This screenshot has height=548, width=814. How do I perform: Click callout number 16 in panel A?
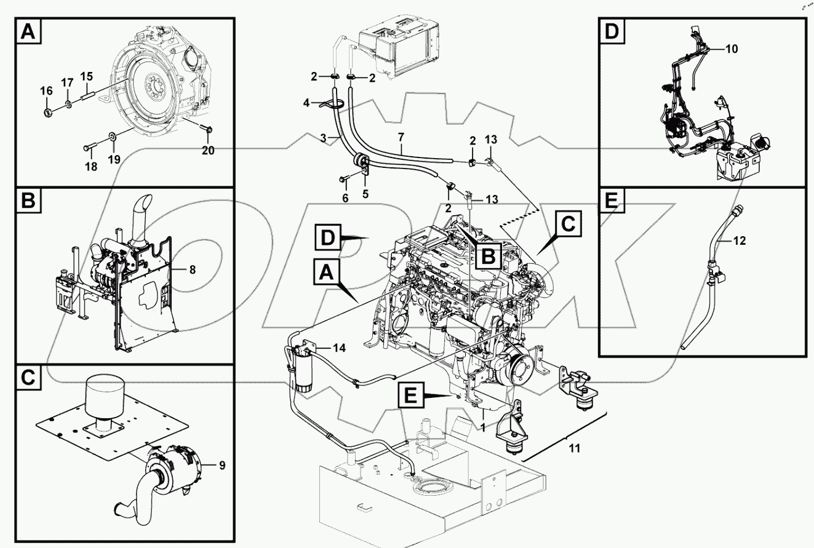tap(47, 91)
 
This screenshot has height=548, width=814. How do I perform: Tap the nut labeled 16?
tap(47, 113)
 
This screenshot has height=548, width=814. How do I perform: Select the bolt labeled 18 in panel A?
tap(88, 147)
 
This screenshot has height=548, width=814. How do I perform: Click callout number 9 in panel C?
tap(222, 465)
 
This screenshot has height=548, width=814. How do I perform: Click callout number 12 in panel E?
tap(739, 240)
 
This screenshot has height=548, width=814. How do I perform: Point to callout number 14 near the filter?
tap(338, 348)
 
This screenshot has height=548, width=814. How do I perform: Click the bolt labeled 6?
tap(342, 180)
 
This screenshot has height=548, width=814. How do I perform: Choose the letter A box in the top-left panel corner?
tap(29, 32)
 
